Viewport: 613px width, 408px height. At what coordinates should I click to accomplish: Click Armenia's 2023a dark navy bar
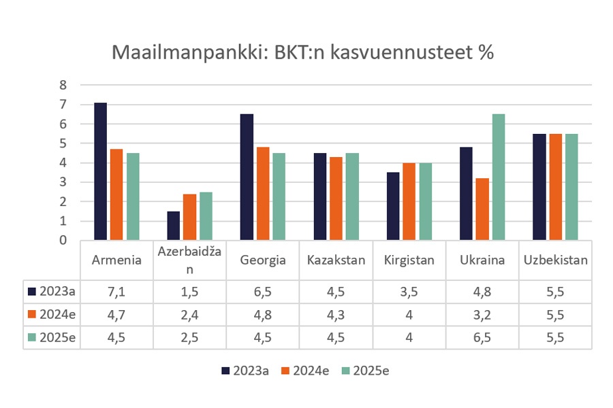pos(100,171)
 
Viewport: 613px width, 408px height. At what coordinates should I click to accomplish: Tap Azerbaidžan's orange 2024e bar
pos(189,217)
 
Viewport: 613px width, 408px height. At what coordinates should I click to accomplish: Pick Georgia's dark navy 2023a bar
pos(247,177)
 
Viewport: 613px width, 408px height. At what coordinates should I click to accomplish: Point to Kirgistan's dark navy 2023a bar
pos(393,206)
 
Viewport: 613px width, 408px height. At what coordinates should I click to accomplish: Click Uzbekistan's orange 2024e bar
pos(555,187)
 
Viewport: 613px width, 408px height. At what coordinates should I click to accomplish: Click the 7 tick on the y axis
pos(63,105)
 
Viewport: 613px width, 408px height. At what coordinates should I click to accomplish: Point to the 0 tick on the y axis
pos(63,240)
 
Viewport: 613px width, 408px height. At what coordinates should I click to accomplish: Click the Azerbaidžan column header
pos(189,260)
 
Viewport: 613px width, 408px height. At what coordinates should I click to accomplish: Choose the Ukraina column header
pos(482,260)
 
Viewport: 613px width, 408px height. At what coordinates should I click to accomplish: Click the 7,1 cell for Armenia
pos(116,292)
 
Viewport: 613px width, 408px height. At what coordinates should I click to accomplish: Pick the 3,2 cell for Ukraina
pos(482,315)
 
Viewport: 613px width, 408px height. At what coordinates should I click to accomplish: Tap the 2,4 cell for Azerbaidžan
pos(189,315)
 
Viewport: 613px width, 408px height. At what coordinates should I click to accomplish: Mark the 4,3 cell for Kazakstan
pos(336,315)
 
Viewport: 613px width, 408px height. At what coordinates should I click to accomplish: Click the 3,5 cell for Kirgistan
pos(409,292)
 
